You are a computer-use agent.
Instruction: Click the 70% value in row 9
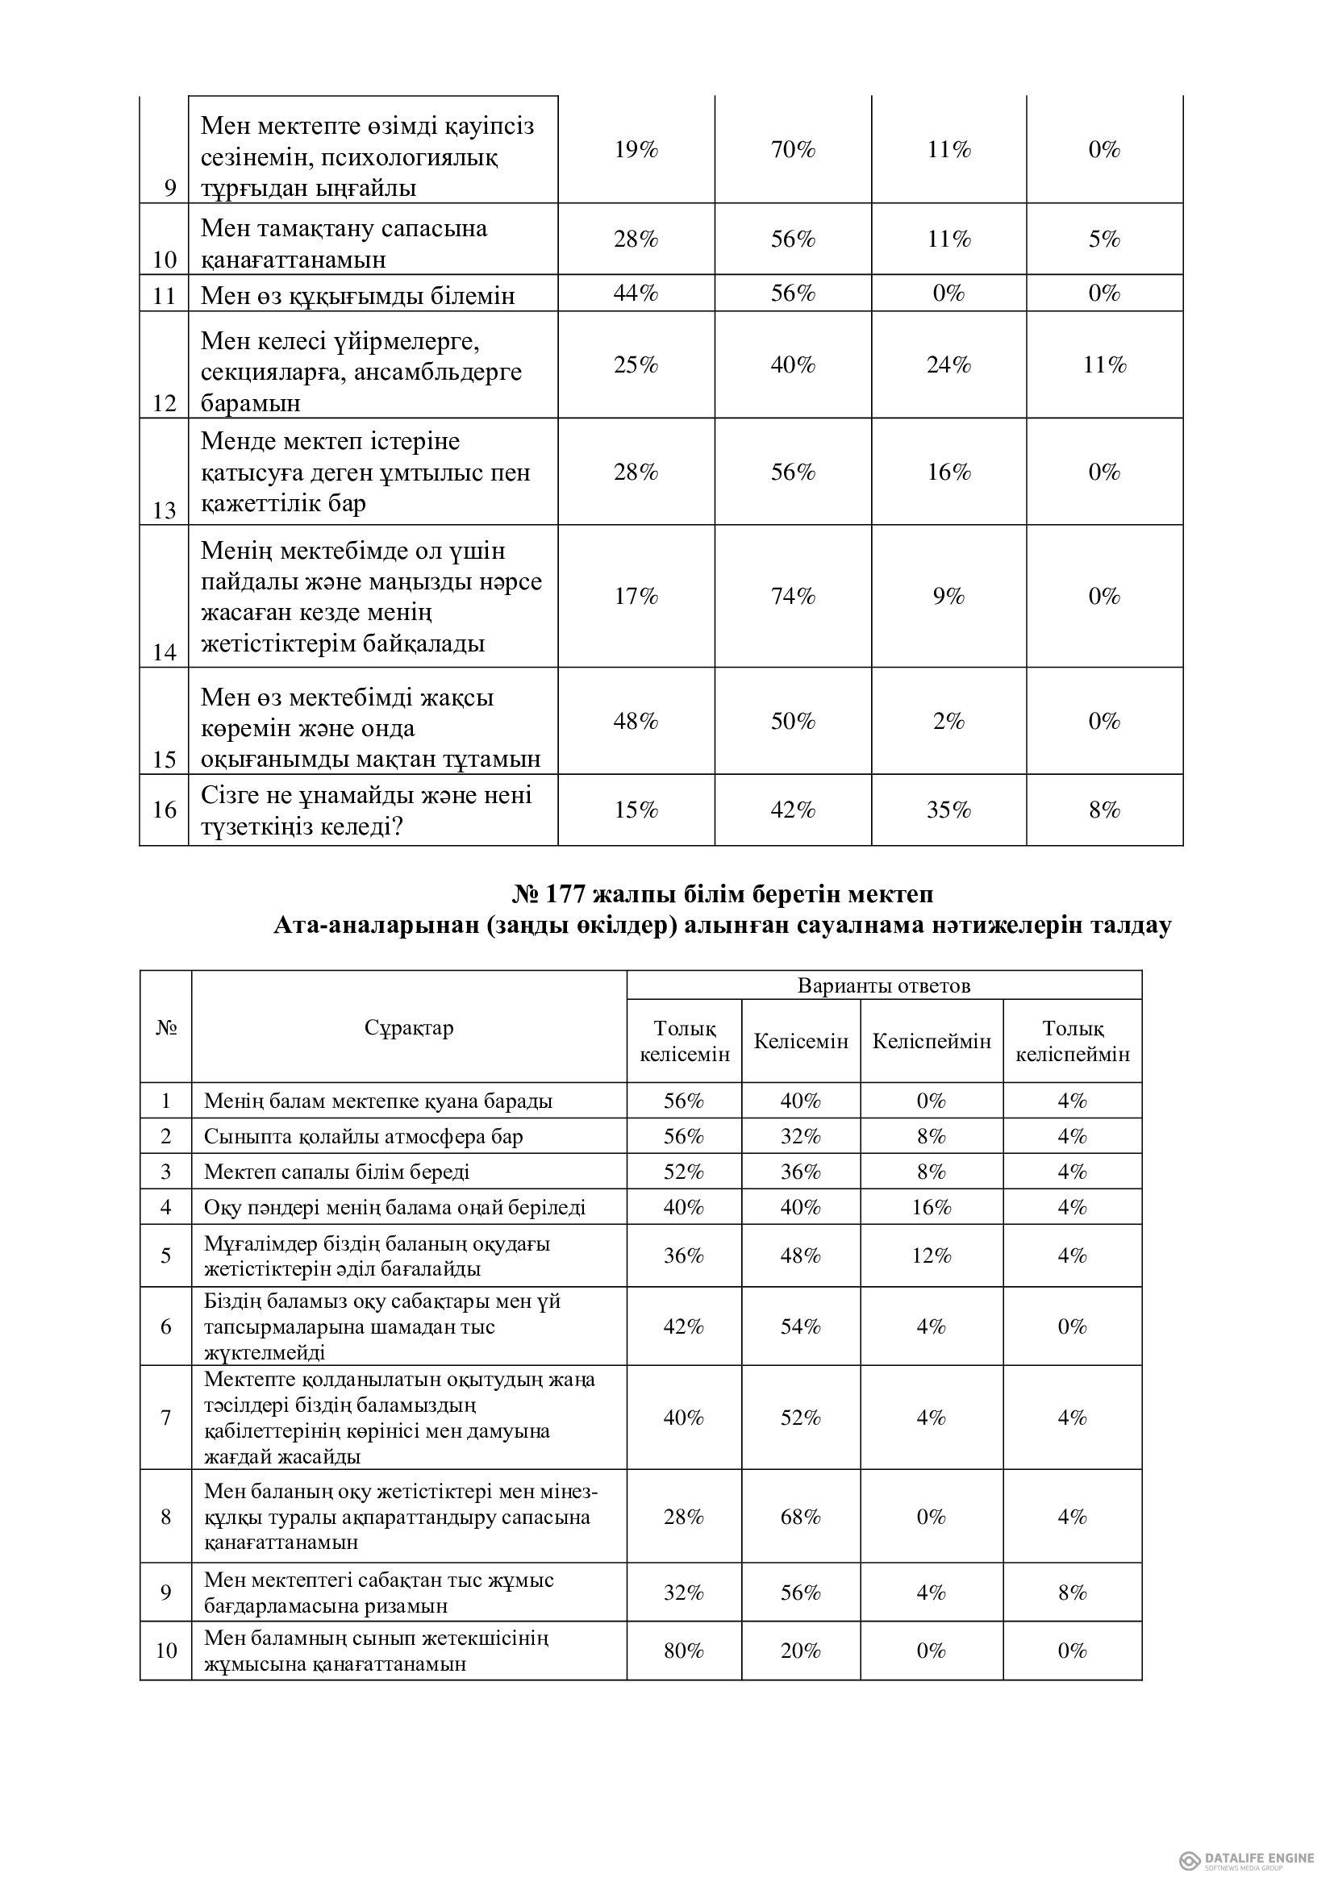tap(792, 149)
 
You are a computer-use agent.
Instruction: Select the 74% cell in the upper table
tap(792, 597)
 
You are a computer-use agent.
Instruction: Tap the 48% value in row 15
tap(635, 721)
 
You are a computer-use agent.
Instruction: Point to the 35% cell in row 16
tap(948, 810)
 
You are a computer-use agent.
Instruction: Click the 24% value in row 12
tap(948, 364)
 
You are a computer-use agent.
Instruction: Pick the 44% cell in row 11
tap(635, 294)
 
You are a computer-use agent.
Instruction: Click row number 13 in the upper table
tap(165, 511)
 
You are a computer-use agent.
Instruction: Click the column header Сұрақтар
tap(408, 1027)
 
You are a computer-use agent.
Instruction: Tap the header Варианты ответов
tap(884, 985)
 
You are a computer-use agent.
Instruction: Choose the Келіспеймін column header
tap(932, 1042)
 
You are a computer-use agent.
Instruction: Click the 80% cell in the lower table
tap(683, 1651)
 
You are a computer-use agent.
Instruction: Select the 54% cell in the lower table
tap(800, 1326)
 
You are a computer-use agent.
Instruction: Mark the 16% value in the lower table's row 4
tap(932, 1208)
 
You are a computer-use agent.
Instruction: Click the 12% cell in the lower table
tap(932, 1255)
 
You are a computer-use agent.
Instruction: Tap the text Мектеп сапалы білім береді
tap(337, 1172)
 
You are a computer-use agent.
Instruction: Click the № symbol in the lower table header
tap(166, 1027)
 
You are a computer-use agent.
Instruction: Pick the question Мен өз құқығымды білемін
tap(357, 295)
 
